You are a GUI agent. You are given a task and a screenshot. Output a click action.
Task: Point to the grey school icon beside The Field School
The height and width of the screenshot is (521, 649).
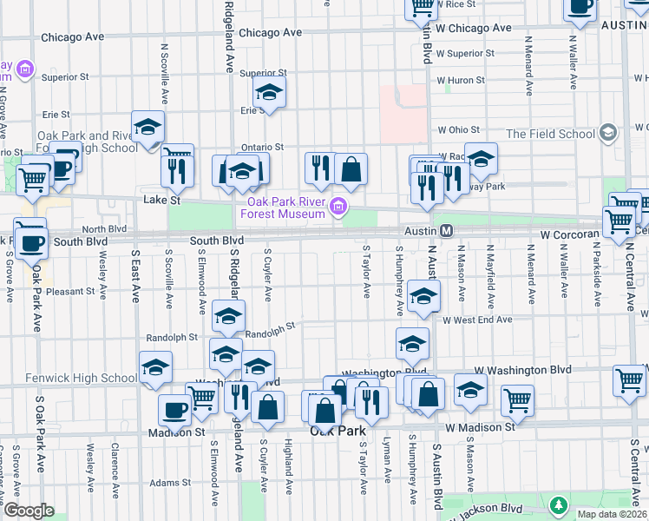pos(608,133)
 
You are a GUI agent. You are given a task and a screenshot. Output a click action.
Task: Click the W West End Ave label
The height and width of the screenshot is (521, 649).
pos(476,320)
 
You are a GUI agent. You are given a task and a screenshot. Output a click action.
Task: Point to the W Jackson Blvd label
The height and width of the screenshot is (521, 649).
pos(492,508)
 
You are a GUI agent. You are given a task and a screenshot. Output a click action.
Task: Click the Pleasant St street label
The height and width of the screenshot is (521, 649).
pos(70,292)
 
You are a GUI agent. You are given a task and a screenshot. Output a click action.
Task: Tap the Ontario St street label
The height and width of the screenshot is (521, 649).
pos(262,148)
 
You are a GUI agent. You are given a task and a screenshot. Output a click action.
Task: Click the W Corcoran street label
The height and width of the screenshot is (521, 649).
pos(569,234)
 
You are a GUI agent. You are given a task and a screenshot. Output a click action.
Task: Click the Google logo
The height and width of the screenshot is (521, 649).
pos(29,511)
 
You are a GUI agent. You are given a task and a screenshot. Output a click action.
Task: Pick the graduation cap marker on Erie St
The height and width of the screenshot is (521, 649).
pos(270,91)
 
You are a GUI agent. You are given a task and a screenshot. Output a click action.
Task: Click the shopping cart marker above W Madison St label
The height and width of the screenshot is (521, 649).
pos(517,399)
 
